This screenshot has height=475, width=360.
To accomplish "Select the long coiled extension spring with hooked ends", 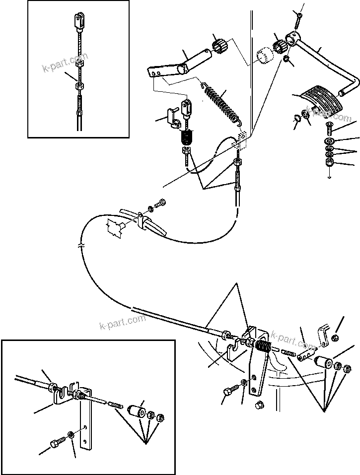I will [x=215, y=102].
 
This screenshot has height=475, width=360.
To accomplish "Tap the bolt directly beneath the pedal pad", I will [x=330, y=130].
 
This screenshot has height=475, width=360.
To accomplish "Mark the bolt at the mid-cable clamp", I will [x=160, y=204].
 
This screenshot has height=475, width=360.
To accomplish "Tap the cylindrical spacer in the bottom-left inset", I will [x=135, y=412].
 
